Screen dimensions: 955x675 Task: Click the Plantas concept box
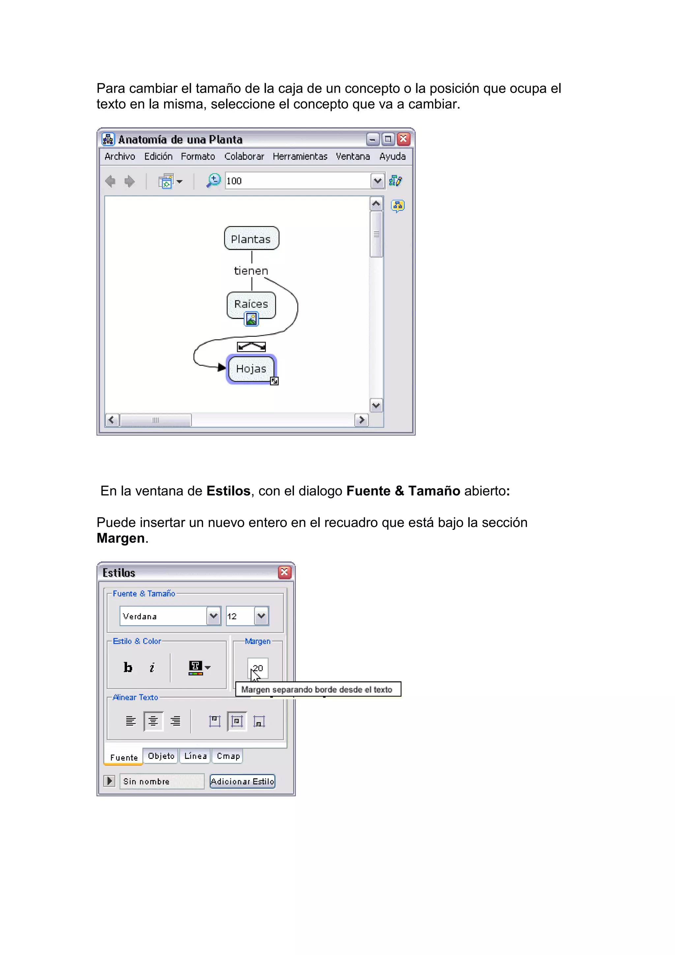(251, 238)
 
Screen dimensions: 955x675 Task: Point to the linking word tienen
(251, 271)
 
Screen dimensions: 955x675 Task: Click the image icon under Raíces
(251, 319)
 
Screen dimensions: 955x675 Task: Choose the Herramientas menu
(300, 157)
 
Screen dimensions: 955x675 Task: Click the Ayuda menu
(392, 157)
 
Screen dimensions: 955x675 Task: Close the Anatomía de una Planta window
(403, 139)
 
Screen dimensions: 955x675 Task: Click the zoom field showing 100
(297, 181)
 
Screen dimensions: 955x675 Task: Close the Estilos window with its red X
(284, 572)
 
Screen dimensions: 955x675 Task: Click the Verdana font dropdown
(169, 616)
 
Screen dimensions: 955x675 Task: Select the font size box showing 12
(240, 616)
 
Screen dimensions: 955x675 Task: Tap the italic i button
(152, 668)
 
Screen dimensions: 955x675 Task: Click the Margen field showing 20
(258, 668)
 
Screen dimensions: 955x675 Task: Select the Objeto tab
(161, 756)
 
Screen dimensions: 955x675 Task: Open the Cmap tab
(228, 756)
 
